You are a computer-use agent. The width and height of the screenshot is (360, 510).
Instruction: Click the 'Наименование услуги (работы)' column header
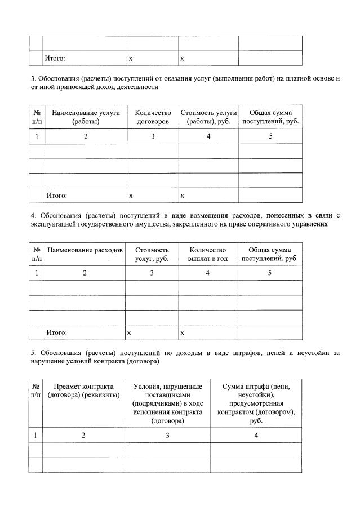pyautogui.click(x=86, y=117)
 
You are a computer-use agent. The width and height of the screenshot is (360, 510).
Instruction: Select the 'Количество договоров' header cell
pyautogui.click(x=152, y=117)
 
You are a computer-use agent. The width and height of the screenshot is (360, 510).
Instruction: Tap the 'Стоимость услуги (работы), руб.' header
pyautogui.click(x=208, y=117)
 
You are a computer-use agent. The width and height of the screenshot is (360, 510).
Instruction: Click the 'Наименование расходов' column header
pyautogui.click(x=85, y=250)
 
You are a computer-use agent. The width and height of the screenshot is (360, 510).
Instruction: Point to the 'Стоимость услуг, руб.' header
pyautogui.click(x=152, y=254)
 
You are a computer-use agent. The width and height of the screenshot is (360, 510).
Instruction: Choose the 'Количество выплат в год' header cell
pyautogui.click(x=207, y=254)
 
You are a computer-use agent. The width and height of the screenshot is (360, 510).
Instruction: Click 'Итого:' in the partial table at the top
pyautogui.click(x=55, y=58)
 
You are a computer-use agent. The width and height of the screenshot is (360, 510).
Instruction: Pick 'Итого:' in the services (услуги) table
pyautogui.click(x=56, y=196)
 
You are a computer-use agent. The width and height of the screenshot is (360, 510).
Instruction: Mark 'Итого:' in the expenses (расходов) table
pyautogui.click(x=56, y=333)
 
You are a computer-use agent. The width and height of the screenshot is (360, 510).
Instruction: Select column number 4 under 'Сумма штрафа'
pyautogui.click(x=256, y=435)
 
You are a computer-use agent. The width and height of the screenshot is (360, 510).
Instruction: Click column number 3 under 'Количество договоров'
pyautogui.click(x=152, y=136)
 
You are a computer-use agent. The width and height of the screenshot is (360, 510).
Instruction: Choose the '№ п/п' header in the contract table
pyautogui.click(x=36, y=391)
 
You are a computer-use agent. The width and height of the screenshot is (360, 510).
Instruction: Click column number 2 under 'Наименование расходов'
pyautogui.click(x=85, y=273)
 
